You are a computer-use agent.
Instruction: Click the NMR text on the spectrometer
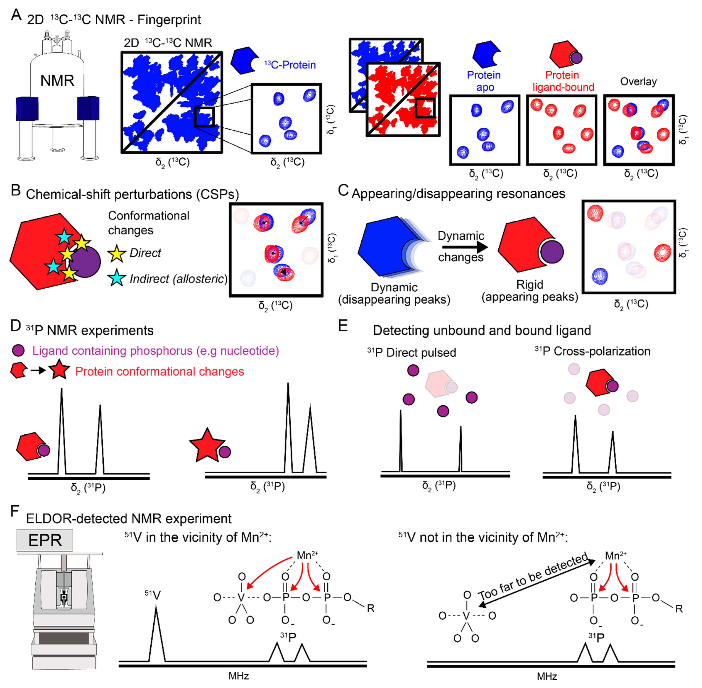click(57, 81)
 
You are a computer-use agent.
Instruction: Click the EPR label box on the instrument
click(45, 540)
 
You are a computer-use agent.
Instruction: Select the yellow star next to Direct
click(116, 253)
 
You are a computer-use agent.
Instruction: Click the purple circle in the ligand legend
click(18, 350)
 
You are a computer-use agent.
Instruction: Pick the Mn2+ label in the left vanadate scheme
click(307, 555)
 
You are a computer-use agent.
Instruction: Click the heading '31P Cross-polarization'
click(592, 351)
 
